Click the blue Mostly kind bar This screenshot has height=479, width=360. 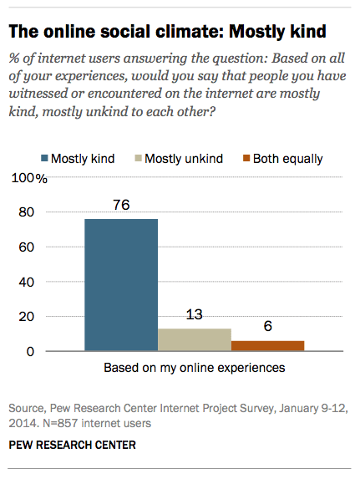[x=121, y=283]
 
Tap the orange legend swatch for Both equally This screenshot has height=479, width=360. [x=246, y=158]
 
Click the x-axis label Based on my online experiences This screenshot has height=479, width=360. [x=194, y=368]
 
